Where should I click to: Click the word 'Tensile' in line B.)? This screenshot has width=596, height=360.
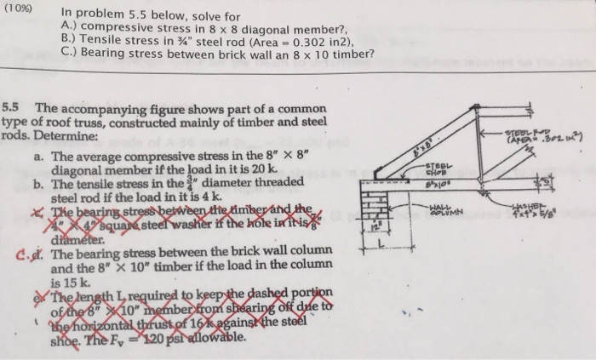95,40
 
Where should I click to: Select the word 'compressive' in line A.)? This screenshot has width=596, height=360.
112,26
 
